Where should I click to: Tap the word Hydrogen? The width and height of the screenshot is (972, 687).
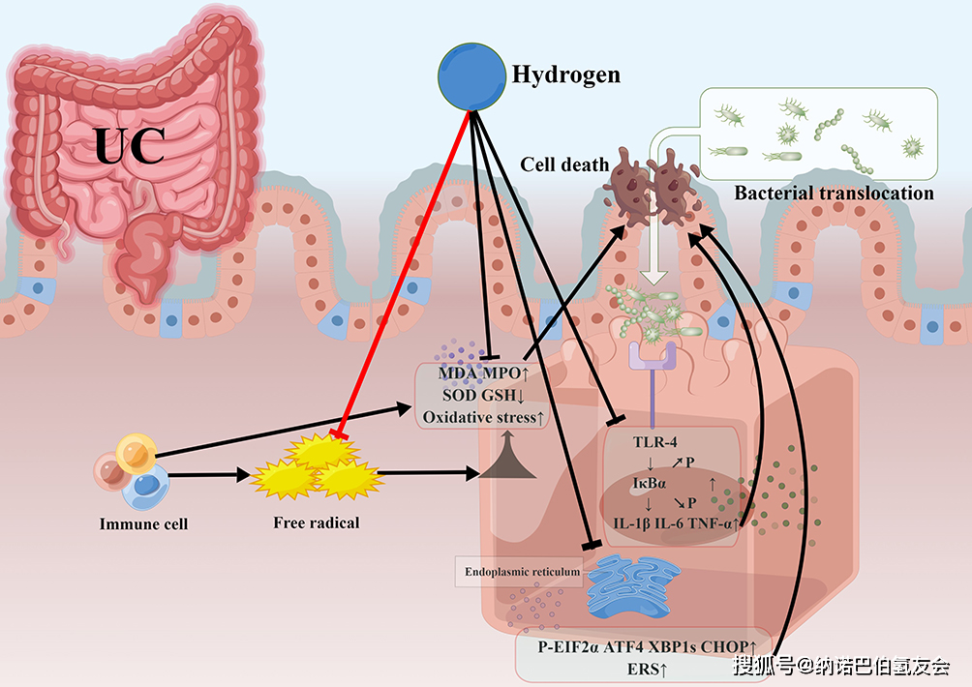(565, 75)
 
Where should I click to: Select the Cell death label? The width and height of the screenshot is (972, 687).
(564, 164)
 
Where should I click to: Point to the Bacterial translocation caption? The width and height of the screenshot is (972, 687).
(834, 193)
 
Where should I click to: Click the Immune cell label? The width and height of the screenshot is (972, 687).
(143, 524)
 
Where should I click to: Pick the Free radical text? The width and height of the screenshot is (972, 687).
(316, 523)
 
